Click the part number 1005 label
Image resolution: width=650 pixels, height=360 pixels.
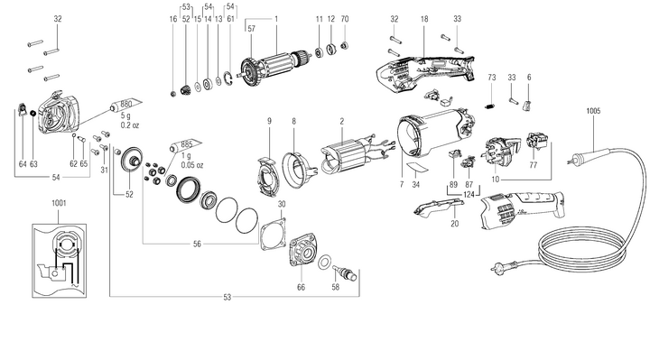593,111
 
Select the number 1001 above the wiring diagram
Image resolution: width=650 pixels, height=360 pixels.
59,203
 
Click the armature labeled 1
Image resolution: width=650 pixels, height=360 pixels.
274,65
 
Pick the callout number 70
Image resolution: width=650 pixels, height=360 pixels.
345,19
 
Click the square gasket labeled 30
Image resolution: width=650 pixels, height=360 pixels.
274,235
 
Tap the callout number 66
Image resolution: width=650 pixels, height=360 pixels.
301,287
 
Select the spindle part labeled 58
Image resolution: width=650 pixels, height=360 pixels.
344,272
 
